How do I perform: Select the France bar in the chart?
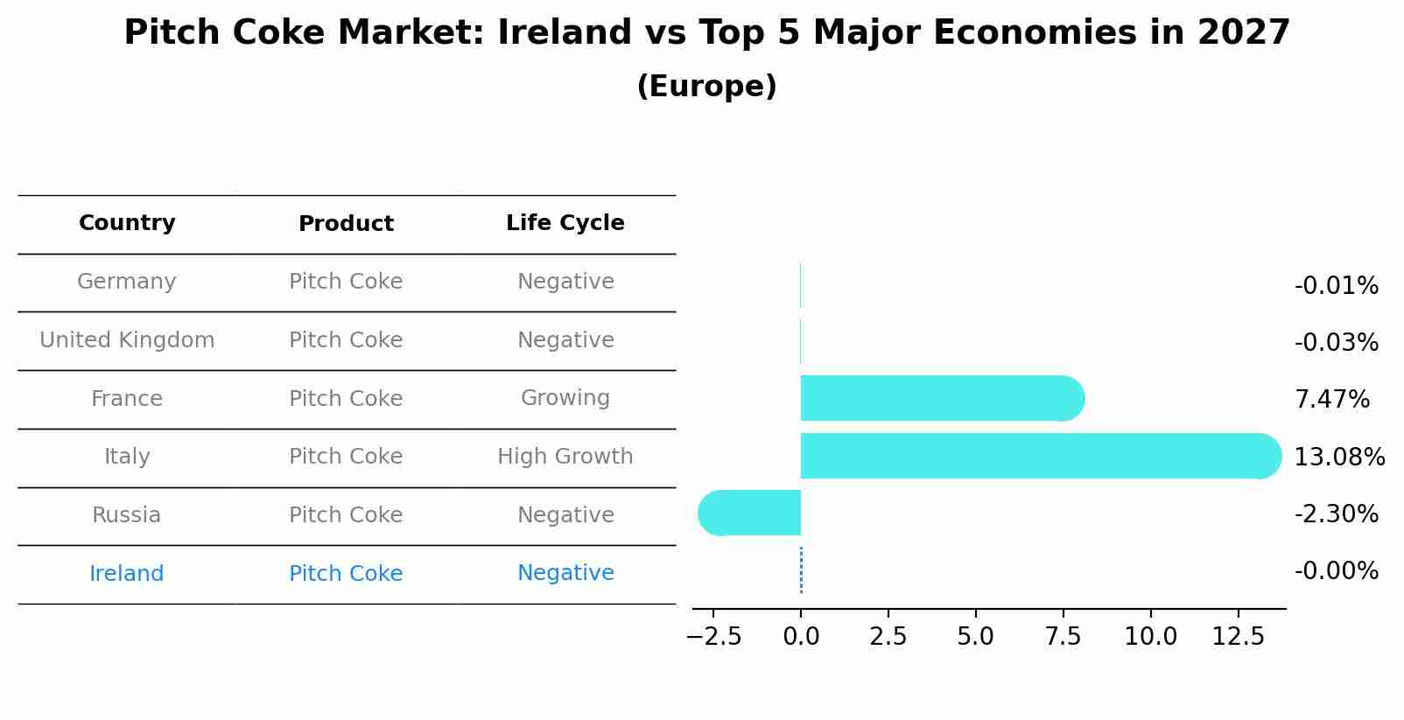pos(942,398)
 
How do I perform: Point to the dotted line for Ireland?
pos(801,570)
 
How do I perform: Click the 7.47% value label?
pos(1331,400)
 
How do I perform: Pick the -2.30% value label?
pos(1336,514)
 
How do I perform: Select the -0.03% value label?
pos(1336,343)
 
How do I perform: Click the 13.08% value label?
pos(1339,458)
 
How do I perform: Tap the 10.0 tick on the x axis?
pos(1150,637)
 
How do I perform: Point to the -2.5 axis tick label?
pos(713,637)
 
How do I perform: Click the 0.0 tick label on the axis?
pos(801,637)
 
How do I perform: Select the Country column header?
pos(127,223)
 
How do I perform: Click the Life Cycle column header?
pos(565,223)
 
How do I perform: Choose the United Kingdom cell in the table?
pos(127,340)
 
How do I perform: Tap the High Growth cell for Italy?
pos(565,457)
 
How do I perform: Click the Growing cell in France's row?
pos(565,398)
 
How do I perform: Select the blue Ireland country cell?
pos(127,574)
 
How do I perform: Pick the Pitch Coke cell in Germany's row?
pos(346,282)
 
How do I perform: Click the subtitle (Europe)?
pos(706,87)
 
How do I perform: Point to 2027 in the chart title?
pos(1243,33)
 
